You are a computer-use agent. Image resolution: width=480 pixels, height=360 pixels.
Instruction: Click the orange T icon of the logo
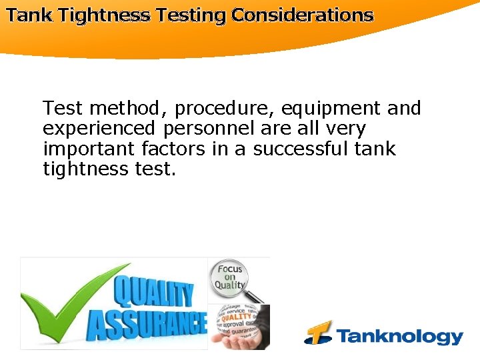[318, 333]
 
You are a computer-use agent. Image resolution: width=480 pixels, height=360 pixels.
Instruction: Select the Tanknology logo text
[399, 336]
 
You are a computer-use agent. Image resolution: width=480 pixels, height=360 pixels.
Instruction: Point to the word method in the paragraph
[128, 108]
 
